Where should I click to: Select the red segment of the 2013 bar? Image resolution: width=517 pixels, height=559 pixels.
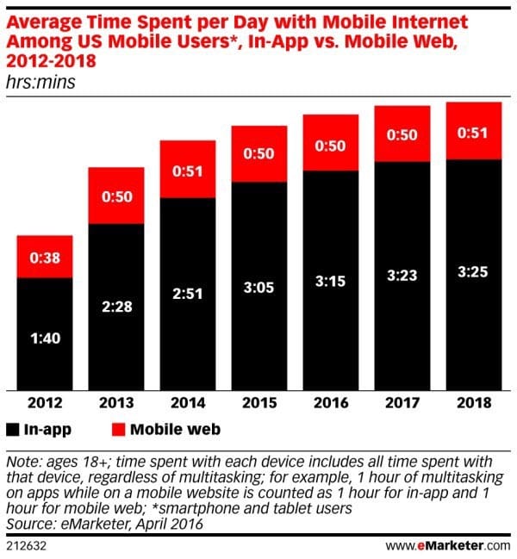(x=116, y=196)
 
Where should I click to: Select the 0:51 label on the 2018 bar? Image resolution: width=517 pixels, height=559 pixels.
(x=473, y=131)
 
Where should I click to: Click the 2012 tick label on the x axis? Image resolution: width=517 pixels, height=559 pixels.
(x=45, y=403)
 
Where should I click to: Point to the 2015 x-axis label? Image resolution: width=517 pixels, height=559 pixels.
(x=259, y=403)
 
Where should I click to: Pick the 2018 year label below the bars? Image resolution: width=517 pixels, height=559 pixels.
(x=473, y=403)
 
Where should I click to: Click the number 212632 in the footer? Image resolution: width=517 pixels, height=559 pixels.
(x=28, y=544)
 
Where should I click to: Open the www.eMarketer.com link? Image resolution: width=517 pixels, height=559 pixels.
(x=445, y=544)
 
